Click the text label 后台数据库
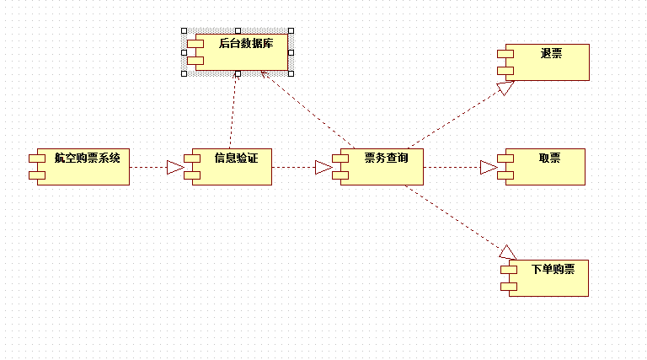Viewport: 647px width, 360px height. [x=246, y=42]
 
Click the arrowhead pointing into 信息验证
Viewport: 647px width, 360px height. [x=175, y=167]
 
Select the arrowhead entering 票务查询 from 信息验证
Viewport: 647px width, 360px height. [x=323, y=167]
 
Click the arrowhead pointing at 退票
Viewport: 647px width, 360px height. [x=505, y=87]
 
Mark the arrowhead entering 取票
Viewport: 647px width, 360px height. [x=489, y=167]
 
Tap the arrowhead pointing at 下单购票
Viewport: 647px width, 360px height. [x=507, y=251]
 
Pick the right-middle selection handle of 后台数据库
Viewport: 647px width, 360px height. [x=291, y=52]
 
